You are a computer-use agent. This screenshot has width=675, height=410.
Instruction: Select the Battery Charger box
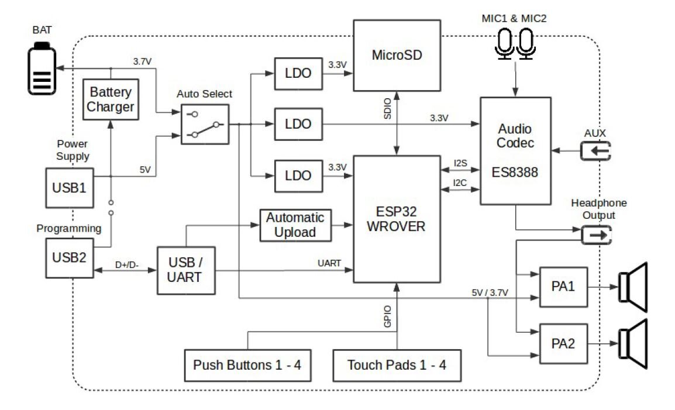click(x=111, y=99)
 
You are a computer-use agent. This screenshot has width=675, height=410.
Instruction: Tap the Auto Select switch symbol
click(x=204, y=124)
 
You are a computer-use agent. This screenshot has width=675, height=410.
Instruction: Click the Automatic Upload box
click(x=295, y=225)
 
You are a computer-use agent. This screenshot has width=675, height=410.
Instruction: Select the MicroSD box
click(x=397, y=56)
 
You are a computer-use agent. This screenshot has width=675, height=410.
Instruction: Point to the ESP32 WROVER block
click(x=396, y=219)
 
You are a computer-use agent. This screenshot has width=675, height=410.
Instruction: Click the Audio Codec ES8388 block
click(x=515, y=151)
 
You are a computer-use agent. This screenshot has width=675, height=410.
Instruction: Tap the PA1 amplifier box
click(x=563, y=287)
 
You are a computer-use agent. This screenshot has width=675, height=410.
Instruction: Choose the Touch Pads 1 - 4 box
click(x=396, y=366)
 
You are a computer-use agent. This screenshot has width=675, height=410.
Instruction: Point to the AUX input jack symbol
click(x=595, y=151)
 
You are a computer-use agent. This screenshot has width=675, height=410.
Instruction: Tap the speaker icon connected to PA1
click(x=634, y=287)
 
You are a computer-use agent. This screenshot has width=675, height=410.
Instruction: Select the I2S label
click(x=459, y=162)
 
